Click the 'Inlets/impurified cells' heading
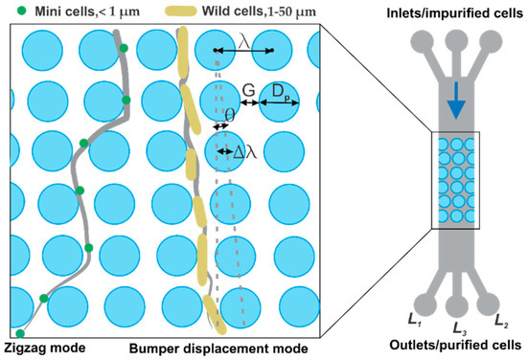tap(454, 11)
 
